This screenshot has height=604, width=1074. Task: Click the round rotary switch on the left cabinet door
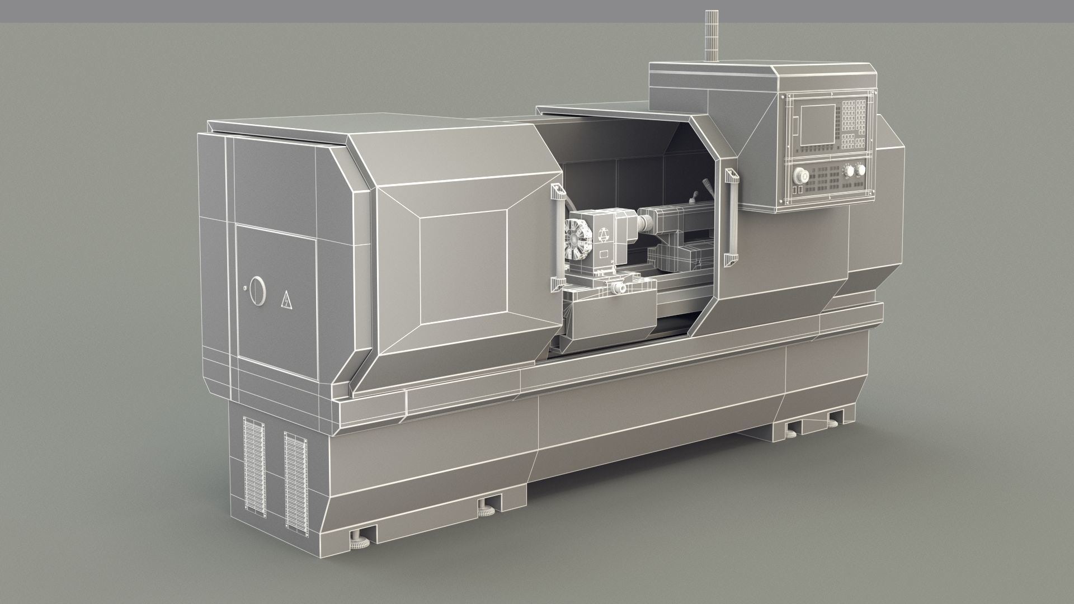pos(257,291)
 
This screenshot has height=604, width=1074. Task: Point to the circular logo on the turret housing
pos(604,234)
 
